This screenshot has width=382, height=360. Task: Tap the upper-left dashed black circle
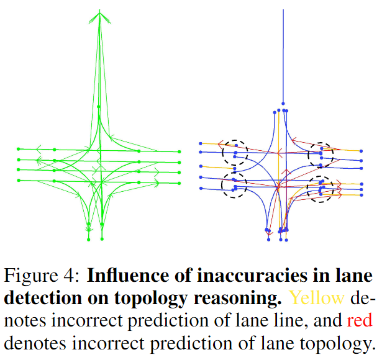click(235, 151)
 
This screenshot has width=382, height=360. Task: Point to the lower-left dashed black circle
click(234, 185)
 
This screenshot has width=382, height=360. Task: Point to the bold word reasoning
click(235, 298)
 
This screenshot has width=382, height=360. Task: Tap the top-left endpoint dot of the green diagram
click(19, 149)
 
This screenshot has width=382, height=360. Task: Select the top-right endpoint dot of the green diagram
click(179, 151)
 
